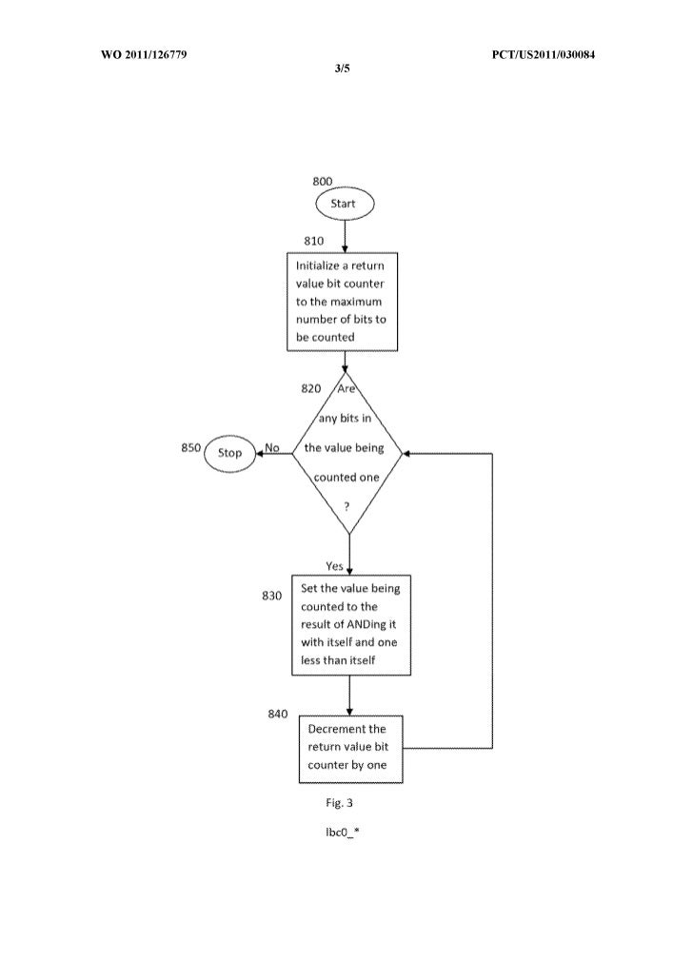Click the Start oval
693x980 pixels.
(x=345, y=204)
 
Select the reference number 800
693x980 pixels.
(x=323, y=181)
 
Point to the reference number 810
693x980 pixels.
(x=314, y=241)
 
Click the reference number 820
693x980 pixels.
(x=310, y=388)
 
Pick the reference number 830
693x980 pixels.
(x=272, y=597)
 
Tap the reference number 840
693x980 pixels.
(x=278, y=714)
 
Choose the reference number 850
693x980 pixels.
(x=190, y=447)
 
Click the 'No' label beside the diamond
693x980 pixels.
(x=272, y=447)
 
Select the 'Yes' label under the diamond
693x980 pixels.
(x=334, y=565)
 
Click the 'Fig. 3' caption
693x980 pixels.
(x=339, y=802)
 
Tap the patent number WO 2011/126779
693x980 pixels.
(x=144, y=54)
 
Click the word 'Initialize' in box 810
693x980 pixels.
(x=319, y=266)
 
